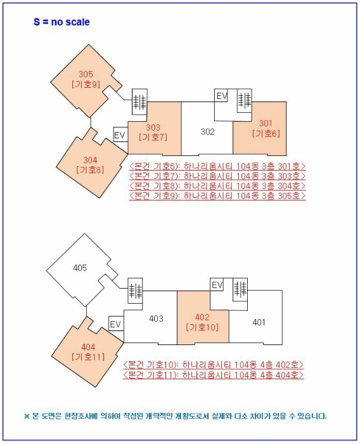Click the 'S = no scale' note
click(61, 22)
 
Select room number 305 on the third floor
click(86, 74)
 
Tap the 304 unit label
click(90, 160)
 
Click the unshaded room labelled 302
click(207, 132)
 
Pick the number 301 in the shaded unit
click(266, 123)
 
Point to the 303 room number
click(153, 127)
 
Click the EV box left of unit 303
click(120, 134)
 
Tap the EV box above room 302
click(221, 95)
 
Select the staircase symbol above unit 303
click(139, 101)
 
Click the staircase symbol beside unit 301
click(244, 100)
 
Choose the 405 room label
click(80, 268)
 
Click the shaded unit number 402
click(202, 317)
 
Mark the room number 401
click(259, 322)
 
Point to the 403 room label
click(156, 318)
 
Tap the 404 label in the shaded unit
click(88, 347)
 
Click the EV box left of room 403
click(116, 323)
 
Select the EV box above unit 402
click(217, 284)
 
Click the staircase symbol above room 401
click(240, 289)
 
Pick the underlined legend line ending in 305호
click(217, 195)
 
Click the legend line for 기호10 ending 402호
click(213, 365)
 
